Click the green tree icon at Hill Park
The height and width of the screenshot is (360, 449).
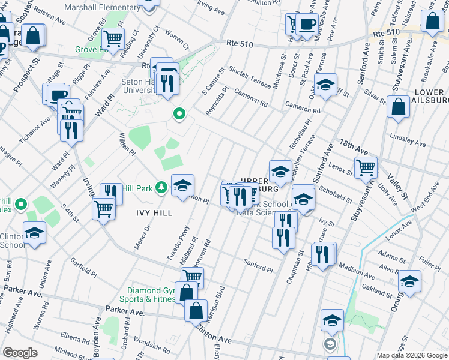click(161, 188)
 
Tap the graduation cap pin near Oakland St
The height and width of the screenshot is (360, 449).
click(409, 280)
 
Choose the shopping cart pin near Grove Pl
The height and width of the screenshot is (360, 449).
click(113, 38)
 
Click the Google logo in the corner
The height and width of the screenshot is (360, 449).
click(20, 353)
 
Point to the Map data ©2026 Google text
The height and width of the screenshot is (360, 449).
click(412, 355)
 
